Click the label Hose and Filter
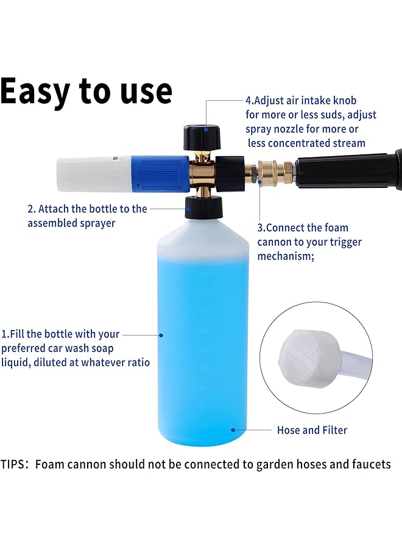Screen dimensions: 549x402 (x=312, y=430)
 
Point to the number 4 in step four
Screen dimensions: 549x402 (x=248, y=100)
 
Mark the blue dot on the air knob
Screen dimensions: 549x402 (x=206, y=129)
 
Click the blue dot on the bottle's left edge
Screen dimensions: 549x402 (x=161, y=334)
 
